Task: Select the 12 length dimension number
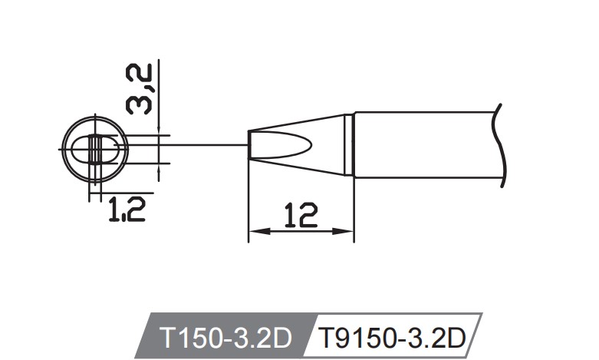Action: pos(298,216)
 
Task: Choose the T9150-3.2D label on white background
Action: pos(392,336)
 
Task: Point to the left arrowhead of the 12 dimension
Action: pos(256,231)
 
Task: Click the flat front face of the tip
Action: pos(249,145)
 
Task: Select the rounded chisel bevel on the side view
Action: pos(288,145)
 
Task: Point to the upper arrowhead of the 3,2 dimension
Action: pos(158,130)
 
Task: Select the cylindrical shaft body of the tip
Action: pos(422,145)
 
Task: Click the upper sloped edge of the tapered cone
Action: pos(299,121)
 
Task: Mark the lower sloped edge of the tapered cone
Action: pos(299,170)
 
